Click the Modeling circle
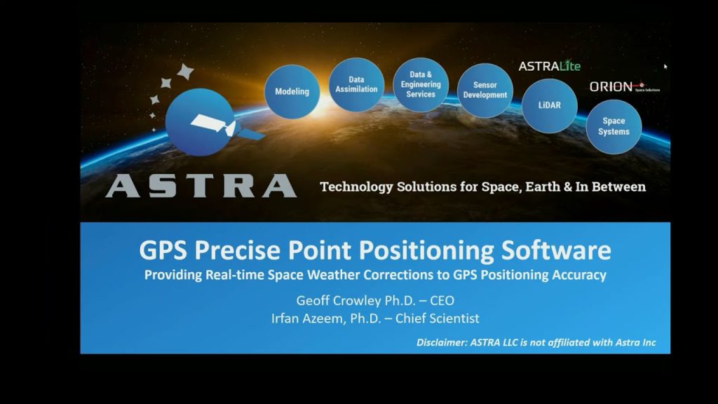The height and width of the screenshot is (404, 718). (292, 91)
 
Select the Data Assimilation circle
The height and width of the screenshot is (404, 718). (356, 85)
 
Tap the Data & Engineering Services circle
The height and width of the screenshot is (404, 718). (421, 84)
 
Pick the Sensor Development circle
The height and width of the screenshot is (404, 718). (485, 90)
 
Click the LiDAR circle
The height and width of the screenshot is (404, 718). (549, 105)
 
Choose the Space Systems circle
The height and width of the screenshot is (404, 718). (614, 126)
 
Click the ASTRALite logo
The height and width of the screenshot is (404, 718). (549, 66)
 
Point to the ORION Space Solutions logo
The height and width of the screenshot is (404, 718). (623, 87)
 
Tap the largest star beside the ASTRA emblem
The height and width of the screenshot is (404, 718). (185, 72)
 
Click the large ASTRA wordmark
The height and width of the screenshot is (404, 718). (201, 186)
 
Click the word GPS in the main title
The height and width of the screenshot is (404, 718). (165, 250)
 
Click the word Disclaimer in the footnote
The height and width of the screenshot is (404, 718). (442, 343)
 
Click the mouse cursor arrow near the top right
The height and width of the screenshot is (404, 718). (665, 67)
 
